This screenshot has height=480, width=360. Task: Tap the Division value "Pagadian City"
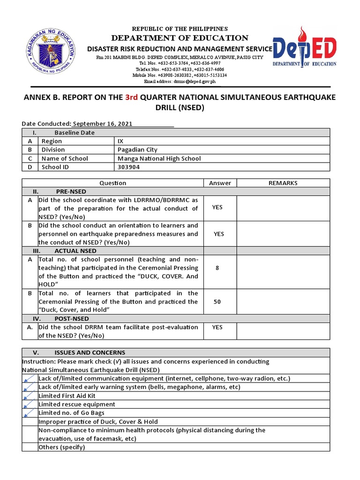(x=137, y=150)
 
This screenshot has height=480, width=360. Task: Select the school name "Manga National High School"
(x=159, y=158)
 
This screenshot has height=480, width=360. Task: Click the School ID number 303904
(x=128, y=167)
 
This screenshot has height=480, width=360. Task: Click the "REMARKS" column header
(x=283, y=183)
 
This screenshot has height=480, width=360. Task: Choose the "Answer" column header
(x=220, y=183)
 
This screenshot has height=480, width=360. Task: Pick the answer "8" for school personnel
(x=217, y=268)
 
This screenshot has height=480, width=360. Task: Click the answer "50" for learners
(x=217, y=301)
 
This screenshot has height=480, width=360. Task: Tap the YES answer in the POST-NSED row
(x=217, y=327)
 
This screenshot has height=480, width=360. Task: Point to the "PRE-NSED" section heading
(x=71, y=191)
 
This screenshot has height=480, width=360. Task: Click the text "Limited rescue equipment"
(x=77, y=404)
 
